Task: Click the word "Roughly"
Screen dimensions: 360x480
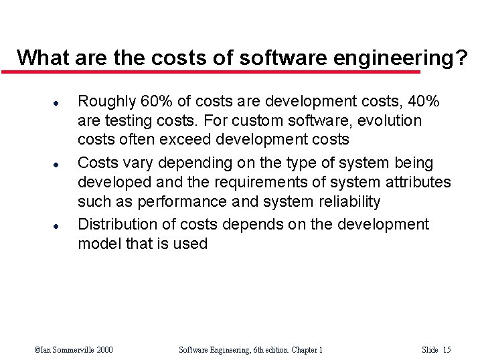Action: pos(107,102)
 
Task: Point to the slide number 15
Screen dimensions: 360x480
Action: pos(447,350)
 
